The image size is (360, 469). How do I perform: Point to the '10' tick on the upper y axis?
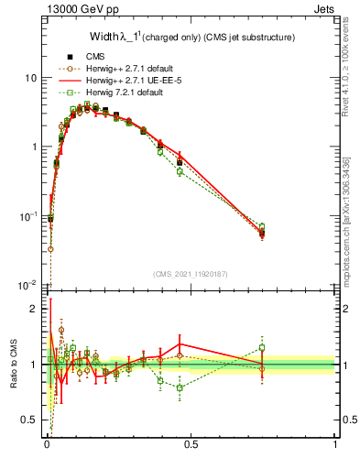click(30, 78)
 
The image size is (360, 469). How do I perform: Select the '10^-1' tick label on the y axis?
click(27, 216)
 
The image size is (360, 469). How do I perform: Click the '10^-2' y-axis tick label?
click(27, 286)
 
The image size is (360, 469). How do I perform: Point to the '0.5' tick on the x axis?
click(191, 446)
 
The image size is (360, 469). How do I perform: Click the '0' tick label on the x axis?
click(46, 446)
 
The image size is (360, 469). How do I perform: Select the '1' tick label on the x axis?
click(335, 446)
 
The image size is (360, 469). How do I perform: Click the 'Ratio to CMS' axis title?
click(12, 365)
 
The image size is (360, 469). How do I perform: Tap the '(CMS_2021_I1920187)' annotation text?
click(191, 274)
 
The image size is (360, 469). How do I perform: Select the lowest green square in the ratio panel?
click(180, 387)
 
